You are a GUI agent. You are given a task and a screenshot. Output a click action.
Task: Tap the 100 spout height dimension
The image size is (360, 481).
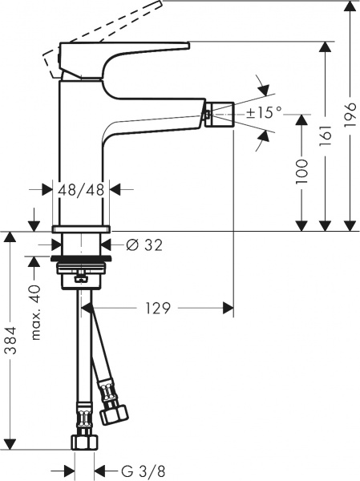click(x=300, y=172)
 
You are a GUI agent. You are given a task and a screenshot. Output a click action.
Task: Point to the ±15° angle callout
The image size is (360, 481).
click(x=263, y=113)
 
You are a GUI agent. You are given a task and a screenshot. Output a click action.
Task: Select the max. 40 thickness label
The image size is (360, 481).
click(x=34, y=312)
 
